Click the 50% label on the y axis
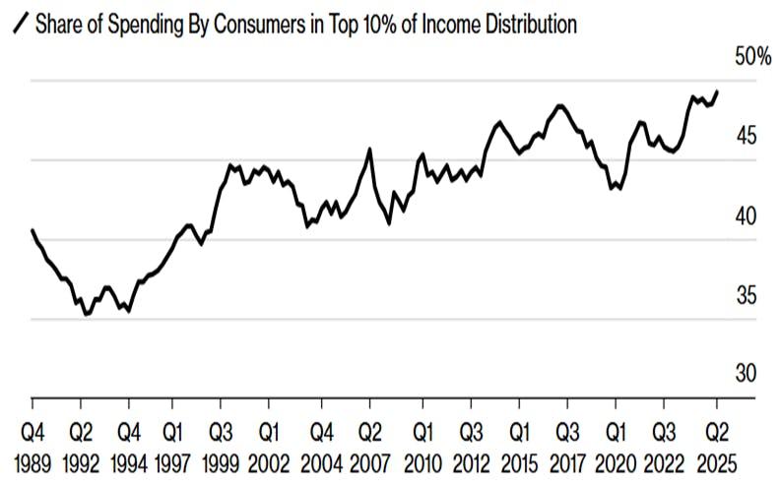point(753,57)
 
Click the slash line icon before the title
point(18,26)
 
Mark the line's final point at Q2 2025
point(717,91)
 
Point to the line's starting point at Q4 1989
point(32,230)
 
